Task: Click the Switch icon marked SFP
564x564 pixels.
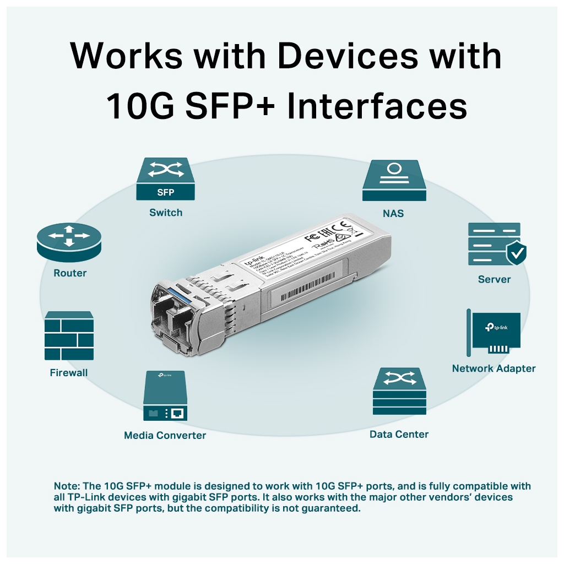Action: pos(165,180)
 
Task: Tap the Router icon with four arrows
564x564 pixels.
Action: pos(69,243)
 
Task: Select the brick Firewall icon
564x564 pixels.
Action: pos(69,336)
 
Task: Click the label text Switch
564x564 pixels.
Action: pos(165,213)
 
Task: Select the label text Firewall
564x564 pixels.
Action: pos(69,373)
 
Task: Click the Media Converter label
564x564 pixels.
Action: pos(165,435)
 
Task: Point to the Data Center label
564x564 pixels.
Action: pos(399,434)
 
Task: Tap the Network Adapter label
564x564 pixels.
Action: pos(493,368)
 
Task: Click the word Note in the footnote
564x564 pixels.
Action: pos(66,486)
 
